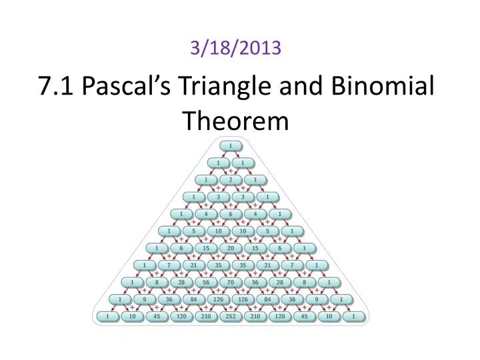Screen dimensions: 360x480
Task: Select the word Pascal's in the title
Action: coord(127,88)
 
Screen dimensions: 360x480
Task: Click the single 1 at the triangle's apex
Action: coord(231,146)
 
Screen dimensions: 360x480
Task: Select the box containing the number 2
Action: coord(231,180)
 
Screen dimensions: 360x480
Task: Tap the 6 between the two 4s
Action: coord(231,214)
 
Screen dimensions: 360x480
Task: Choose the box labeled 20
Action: coord(231,248)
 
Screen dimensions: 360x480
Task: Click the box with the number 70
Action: coord(231,282)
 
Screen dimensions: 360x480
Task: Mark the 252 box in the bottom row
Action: coord(231,316)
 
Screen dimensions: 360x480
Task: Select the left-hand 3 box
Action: coord(218,197)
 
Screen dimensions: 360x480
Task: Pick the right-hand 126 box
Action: coord(243,299)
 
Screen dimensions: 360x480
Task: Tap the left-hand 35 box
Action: coord(218,265)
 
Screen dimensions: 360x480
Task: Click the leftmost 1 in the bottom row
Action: coord(107,316)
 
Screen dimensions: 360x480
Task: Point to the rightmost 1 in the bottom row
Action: coord(354,316)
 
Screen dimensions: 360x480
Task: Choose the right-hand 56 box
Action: coord(255,282)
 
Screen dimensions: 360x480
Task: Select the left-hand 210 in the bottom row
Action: coord(206,316)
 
